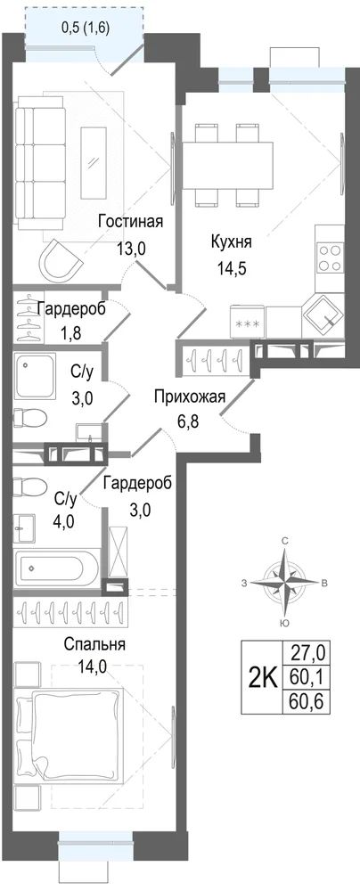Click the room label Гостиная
point(130,221)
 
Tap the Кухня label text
point(231,241)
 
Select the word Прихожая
point(190,396)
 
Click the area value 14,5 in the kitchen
point(231,267)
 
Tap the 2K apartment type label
point(263,677)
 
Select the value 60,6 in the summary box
point(307,703)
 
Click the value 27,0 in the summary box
point(307,652)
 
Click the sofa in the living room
point(32,163)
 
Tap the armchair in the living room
point(61,258)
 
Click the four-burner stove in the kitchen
point(330,257)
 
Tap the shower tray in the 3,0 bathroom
point(36,376)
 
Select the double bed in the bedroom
point(70,733)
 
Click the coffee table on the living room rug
point(94,162)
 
